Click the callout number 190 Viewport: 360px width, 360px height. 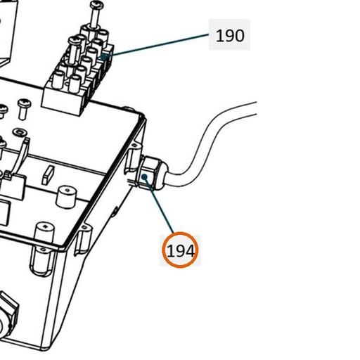click(230, 36)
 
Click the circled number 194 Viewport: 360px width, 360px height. click(180, 250)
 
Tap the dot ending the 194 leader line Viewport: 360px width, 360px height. click(145, 176)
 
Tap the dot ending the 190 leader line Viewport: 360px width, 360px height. click(103, 56)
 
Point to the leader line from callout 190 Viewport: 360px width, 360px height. click(155, 45)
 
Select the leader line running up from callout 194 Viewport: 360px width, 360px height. click(159, 205)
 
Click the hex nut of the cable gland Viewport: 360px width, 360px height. click(149, 172)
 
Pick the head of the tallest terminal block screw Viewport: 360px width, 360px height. click(96, 4)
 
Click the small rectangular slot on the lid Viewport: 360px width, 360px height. click(48, 175)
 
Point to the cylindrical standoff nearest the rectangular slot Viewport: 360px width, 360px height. click(67, 196)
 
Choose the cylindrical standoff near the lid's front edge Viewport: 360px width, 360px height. click(44, 234)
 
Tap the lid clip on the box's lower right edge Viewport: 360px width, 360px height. click(82, 240)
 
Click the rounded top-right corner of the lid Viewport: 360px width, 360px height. click(141, 116)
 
